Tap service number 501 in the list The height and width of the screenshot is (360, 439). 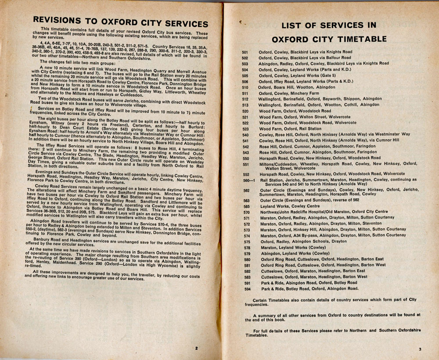[245, 52]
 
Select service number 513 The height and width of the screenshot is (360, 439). [245, 105]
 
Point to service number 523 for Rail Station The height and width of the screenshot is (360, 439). [245, 129]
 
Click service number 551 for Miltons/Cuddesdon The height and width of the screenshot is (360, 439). [245, 165]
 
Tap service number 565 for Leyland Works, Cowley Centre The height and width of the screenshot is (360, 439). [246, 206]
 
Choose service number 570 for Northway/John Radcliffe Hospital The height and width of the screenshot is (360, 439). [246, 212]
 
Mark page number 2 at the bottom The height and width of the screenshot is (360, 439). [197, 348]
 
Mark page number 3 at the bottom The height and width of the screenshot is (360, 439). [420, 349]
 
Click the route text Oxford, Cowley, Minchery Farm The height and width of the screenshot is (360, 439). [289, 94]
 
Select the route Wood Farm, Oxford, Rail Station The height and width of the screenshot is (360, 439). [290, 129]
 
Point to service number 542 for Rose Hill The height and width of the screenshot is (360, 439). [246, 146]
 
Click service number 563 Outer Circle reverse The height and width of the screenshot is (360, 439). [246, 200]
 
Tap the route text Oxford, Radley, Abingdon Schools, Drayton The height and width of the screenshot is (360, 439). [303, 241]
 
